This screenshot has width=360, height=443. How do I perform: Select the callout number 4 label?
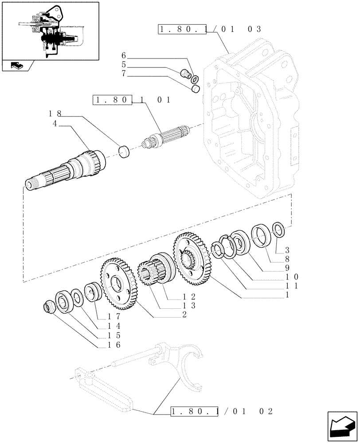pos(55,125)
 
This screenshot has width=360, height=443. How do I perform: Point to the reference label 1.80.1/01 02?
pos(222,412)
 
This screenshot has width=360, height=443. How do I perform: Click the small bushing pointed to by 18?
pos(125,152)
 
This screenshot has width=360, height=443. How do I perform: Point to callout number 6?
pos(124,56)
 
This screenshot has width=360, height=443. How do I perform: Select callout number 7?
pos(124,76)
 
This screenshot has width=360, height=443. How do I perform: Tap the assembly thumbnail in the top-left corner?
pos(50,31)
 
